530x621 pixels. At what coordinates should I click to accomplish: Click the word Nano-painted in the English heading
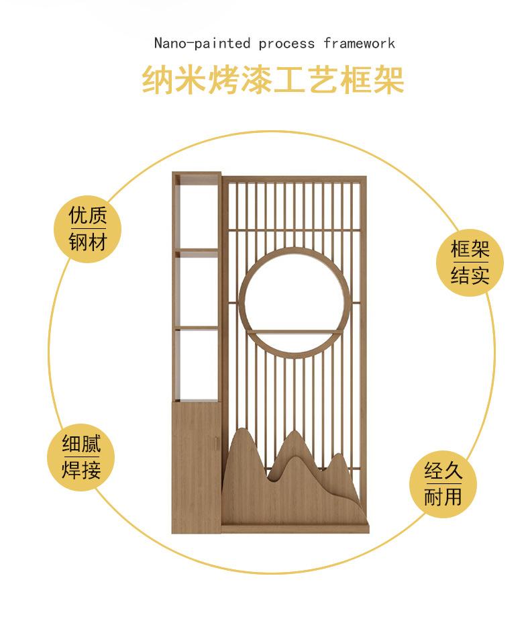202,44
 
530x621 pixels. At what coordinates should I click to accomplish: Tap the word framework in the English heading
359,44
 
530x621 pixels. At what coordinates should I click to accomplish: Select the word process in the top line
286,44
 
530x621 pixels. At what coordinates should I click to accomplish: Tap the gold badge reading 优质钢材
87,228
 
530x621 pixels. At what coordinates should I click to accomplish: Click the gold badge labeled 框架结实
470,262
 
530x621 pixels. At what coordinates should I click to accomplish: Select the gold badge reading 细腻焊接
81,457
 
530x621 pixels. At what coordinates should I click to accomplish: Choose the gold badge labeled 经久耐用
443,483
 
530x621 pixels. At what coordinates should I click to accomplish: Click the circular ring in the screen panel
244,302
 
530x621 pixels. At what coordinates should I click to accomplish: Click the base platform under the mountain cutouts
295,528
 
